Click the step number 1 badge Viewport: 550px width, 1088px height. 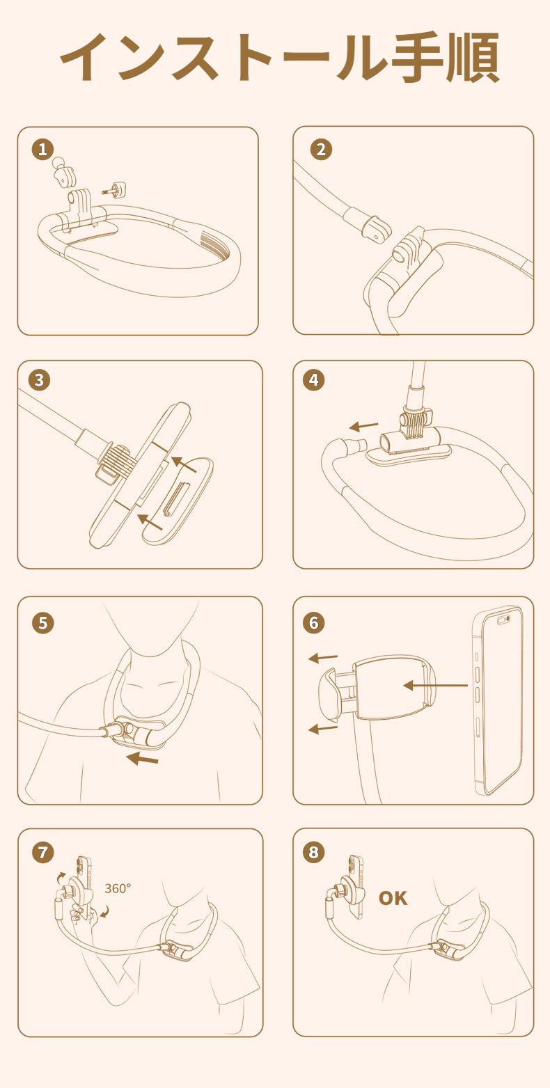[42, 149]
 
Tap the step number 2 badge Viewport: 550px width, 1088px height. [321, 149]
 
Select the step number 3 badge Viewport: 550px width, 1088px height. [40, 379]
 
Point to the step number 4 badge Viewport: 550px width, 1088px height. [314, 379]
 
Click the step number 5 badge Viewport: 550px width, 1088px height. [42, 622]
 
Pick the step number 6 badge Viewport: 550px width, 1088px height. [314, 622]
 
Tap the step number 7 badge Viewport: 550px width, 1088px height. [42, 852]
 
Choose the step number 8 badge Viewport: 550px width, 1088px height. [314, 852]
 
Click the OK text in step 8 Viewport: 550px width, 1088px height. [393, 898]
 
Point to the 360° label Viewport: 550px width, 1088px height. [118, 888]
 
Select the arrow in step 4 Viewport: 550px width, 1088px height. [364, 427]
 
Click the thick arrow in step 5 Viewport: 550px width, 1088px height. [142, 758]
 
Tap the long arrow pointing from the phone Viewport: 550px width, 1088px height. [435, 686]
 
